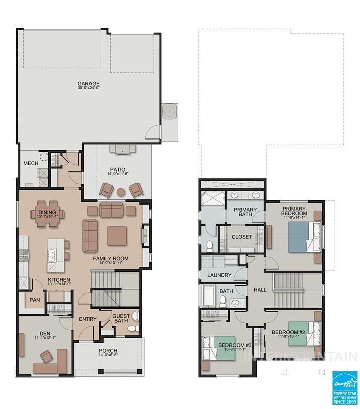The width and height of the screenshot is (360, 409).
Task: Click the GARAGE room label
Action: tap(88, 84)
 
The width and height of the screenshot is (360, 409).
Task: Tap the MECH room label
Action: tap(31, 164)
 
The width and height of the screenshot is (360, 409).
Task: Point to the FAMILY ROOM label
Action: tap(111, 259)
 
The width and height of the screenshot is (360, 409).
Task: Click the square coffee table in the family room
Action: tap(117, 235)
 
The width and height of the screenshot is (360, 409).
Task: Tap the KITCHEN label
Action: tap(59, 280)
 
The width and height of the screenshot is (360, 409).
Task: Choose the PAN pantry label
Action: tap(35, 300)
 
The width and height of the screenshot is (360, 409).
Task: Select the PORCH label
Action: tap(108, 351)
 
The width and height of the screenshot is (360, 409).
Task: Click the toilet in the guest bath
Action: tap(133, 329)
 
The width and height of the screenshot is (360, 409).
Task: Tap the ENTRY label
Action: tap(87, 319)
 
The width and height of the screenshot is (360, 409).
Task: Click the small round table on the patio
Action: tap(121, 192)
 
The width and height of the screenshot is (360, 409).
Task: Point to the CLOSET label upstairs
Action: tap(242, 237)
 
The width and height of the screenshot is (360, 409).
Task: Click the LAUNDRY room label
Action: tap(219, 275)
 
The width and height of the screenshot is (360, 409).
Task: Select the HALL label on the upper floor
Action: tap(260, 290)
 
